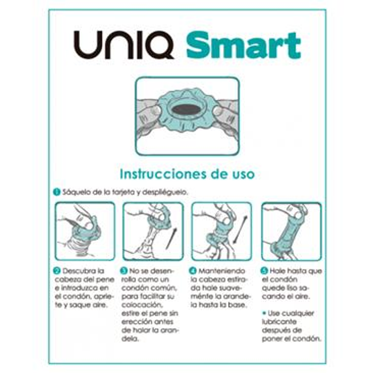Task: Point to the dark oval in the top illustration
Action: click(186, 110)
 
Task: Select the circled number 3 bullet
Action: click(124, 271)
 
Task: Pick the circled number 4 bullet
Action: click(193, 271)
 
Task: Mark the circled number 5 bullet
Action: click(264, 271)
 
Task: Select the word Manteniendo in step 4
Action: click(222, 271)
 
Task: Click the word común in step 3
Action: click(165, 288)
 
